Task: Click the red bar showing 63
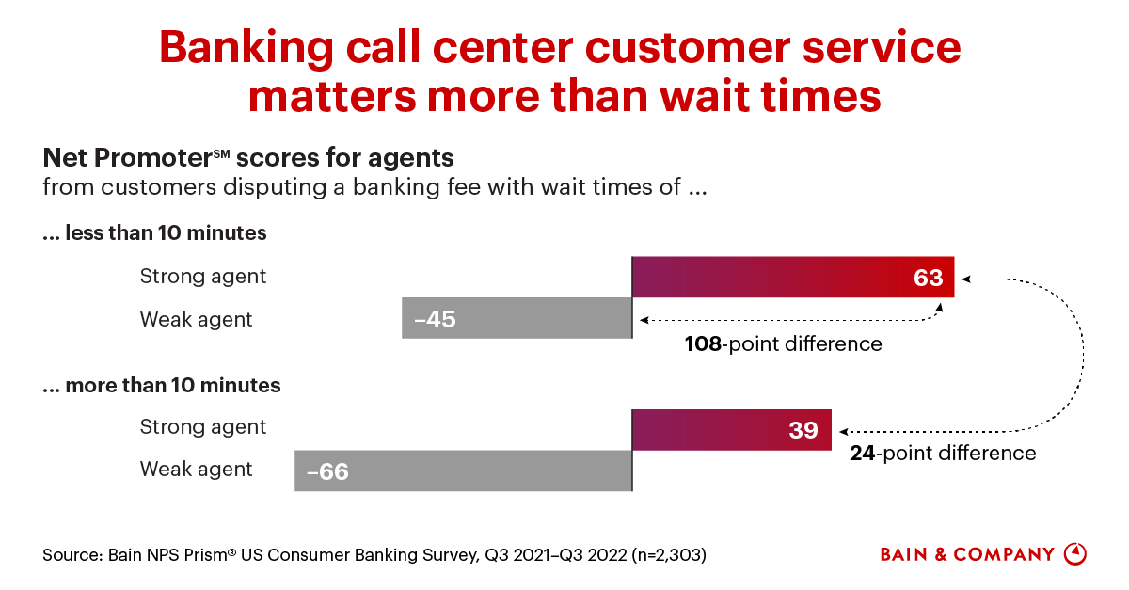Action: [x=793, y=277]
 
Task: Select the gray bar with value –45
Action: [x=517, y=319]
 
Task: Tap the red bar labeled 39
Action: [x=732, y=429]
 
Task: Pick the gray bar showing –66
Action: [x=463, y=470]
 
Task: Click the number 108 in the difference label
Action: [x=703, y=343]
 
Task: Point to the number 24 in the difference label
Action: [x=863, y=453]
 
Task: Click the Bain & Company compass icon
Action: [x=1074, y=553]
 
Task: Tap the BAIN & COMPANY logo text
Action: [x=967, y=554]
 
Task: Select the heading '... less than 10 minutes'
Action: [x=154, y=233]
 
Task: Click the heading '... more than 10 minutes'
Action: [x=161, y=385]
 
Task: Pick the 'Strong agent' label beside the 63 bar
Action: [x=203, y=277]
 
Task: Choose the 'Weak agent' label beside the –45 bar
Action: [x=196, y=319]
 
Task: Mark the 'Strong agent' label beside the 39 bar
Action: [x=203, y=427]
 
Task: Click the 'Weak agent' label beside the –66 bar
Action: [x=196, y=469]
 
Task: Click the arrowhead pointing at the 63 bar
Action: [x=966, y=279]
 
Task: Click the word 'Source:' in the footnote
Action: [x=74, y=555]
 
